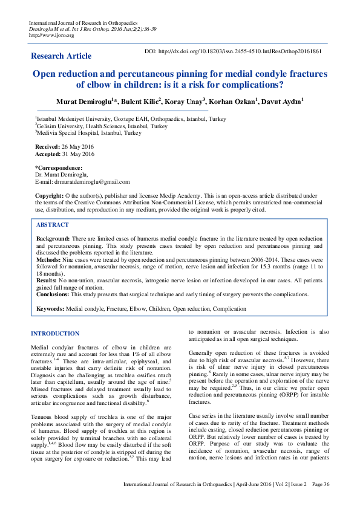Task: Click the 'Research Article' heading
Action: click(x=61, y=56)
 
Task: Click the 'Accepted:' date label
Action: click(x=48, y=154)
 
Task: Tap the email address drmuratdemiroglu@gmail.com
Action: click(x=91, y=181)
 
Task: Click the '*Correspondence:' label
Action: click(x=59, y=167)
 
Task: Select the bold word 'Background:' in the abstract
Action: click(x=53, y=239)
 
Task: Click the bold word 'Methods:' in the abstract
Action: click(x=49, y=259)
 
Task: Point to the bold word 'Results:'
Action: click(x=47, y=280)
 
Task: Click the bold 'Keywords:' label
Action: click(x=51, y=309)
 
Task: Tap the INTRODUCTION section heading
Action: click(x=55, y=333)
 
